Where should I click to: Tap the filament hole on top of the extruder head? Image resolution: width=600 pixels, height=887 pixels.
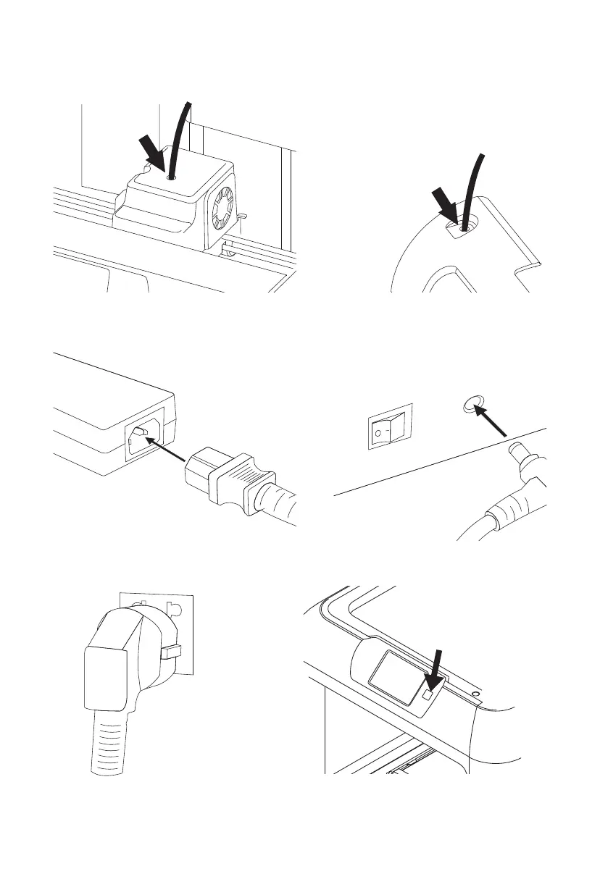(x=171, y=176)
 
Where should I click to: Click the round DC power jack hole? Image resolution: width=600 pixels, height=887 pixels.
(x=471, y=408)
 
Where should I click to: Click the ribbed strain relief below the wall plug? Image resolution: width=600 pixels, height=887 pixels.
(x=108, y=746)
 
